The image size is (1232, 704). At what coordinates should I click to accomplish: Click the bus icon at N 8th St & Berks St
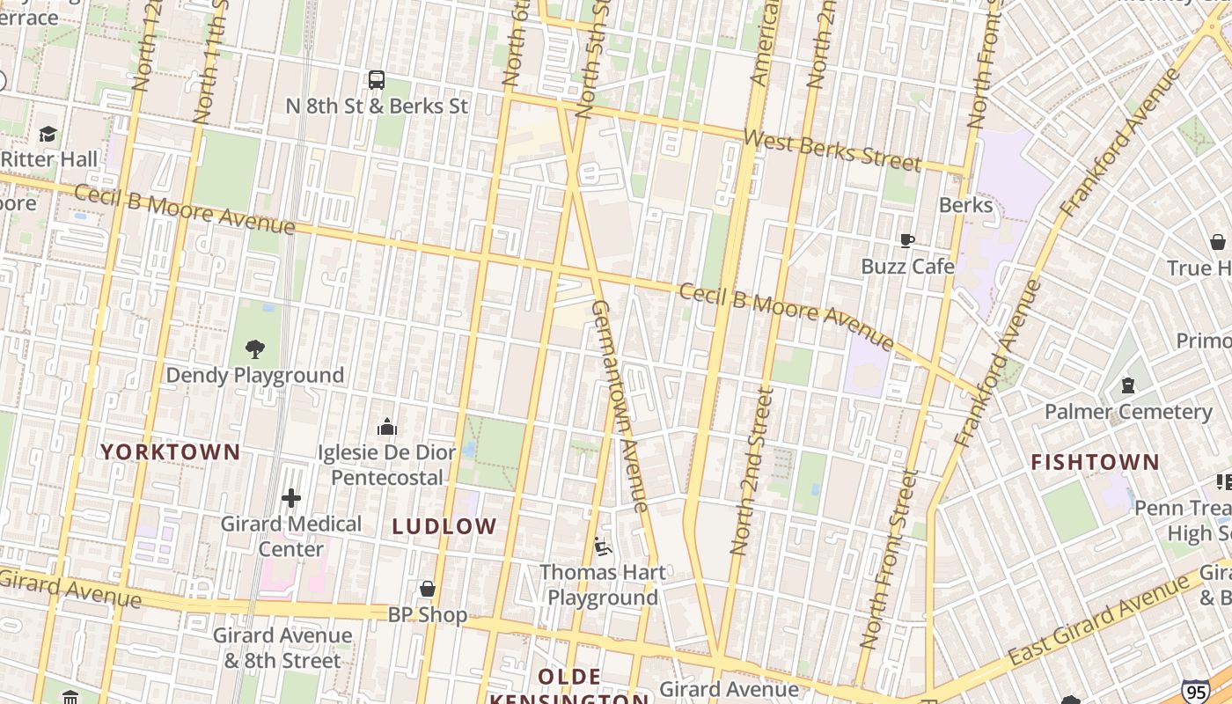tap(377, 80)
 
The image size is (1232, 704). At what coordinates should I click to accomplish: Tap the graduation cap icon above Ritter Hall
tap(48, 135)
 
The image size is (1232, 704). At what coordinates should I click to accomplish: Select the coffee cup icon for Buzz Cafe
tap(907, 240)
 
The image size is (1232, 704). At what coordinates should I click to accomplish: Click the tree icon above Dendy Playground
tap(255, 349)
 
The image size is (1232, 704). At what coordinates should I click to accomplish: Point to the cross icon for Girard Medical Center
tap(291, 498)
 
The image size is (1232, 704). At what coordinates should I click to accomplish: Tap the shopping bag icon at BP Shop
tap(428, 589)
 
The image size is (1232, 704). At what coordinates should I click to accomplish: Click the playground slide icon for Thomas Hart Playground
tap(603, 546)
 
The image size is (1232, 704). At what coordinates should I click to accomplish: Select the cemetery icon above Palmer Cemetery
tap(1127, 385)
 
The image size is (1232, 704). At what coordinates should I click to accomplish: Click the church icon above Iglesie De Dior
tap(387, 428)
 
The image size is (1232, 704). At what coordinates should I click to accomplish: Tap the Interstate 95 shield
tap(1195, 693)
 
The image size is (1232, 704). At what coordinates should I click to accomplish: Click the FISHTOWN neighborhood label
tap(1095, 462)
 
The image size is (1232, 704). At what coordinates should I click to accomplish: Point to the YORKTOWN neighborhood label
tap(170, 452)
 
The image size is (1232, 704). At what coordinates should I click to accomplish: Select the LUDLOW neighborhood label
tap(444, 527)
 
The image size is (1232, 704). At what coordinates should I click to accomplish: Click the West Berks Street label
tap(832, 150)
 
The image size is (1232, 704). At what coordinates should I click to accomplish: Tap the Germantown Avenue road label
tap(620, 406)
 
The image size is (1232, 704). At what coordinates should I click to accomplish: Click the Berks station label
tap(965, 205)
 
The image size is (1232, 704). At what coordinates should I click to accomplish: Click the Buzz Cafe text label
tap(907, 266)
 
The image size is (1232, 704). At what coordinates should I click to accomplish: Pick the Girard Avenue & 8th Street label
tap(282, 648)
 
